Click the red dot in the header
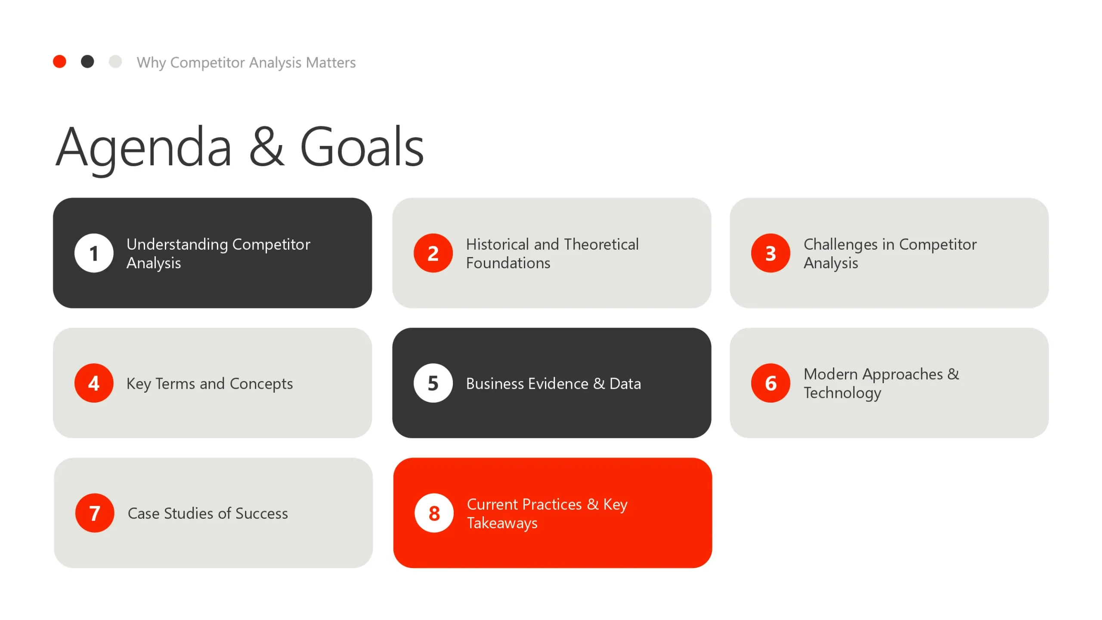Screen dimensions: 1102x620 pos(59,62)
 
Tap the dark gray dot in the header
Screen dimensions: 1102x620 pos(87,62)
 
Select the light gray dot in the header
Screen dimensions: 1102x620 pos(115,62)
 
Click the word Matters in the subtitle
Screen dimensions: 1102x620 pos(331,62)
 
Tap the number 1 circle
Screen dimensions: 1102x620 pos(94,253)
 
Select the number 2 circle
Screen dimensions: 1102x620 pos(433,253)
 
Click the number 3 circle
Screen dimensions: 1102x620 pos(771,253)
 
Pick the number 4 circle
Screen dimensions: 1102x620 pos(94,383)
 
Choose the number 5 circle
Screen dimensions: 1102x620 pos(433,383)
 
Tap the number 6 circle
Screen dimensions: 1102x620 pos(771,383)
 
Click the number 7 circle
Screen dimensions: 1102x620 pos(95,513)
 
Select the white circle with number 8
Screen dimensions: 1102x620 pos(434,513)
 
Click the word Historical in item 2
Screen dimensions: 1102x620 pos(497,244)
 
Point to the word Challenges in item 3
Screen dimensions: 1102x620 pos(840,245)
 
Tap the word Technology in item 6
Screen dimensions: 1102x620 pos(842,393)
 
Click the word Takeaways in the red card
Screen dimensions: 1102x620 pos(502,523)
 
